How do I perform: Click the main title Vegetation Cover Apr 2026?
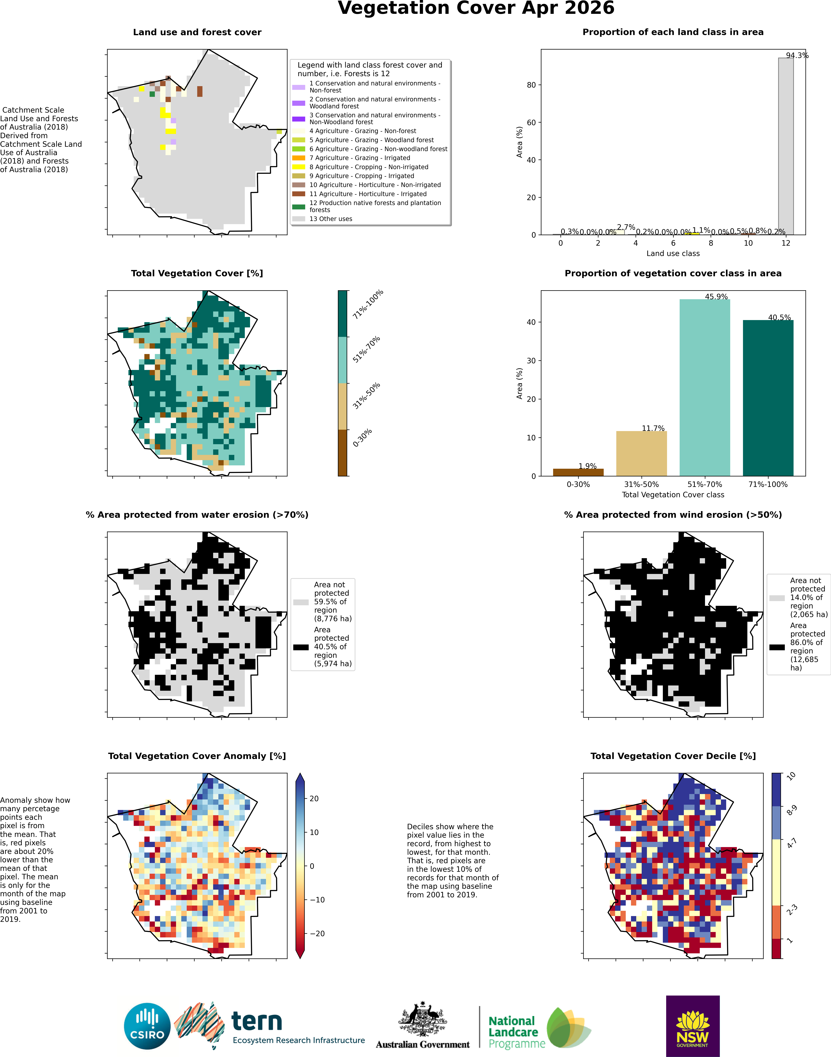[476, 8]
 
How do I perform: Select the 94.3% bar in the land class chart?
[786, 146]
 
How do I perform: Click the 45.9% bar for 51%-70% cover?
[704, 387]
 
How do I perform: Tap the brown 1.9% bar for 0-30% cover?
[578, 472]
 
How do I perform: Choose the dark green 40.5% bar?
[768, 398]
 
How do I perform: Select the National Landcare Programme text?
[517, 1032]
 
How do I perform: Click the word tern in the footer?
[256, 1020]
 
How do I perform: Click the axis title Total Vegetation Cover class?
[673, 495]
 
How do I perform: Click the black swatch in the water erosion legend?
[301, 647]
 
